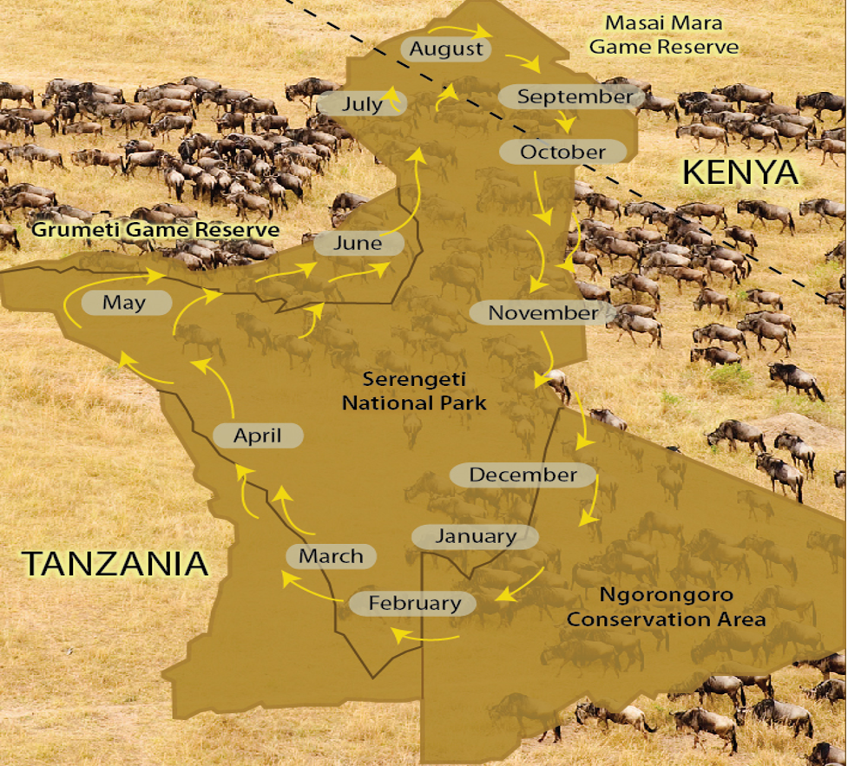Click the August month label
(446, 49)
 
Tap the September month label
(575, 96)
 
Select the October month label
(562, 152)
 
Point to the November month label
(542, 312)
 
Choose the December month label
(523, 475)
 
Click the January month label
(475, 536)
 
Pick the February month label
(414, 603)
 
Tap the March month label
(331, 555)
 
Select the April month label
(257, 435)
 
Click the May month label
(124, 303)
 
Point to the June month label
(357, 243)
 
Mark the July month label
(362, 105)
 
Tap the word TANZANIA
(115, 563)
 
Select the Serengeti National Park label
(413, 390)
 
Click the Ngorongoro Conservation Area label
(666, 606)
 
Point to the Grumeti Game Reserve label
(155, 230)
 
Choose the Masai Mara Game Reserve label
(663, 35)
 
